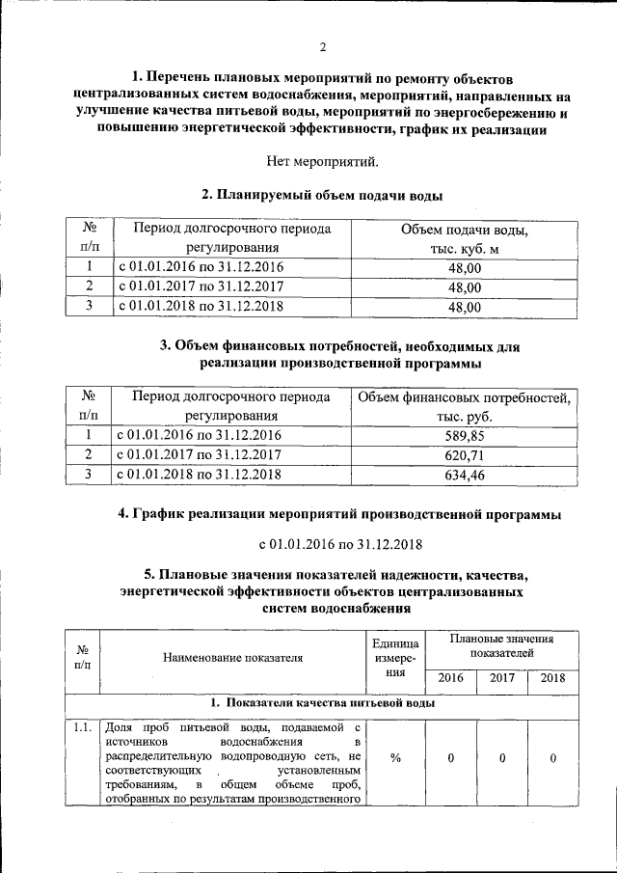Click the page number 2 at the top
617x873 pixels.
coord(323,47)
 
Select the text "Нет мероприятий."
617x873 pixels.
coord(323,161)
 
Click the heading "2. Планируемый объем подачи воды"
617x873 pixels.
coord(323,195)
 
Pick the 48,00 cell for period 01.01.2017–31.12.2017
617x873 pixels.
coord(464,286)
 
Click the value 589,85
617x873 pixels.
coord(464,435)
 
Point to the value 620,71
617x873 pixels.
coord(464,454)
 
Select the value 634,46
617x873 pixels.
coord(464,475)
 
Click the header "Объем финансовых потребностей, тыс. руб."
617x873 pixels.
coord(464,406)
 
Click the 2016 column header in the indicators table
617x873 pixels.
coord(450,677)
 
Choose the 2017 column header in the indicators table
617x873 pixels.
coord(502,677)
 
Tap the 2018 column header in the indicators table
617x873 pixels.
coord(552,677)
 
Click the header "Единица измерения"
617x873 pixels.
coord(394,659)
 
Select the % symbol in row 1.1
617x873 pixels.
coord(394,758)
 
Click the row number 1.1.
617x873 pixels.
coord(81,727)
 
